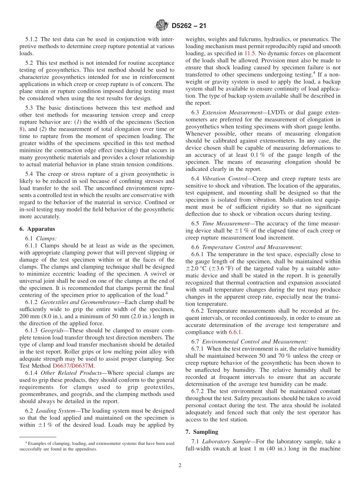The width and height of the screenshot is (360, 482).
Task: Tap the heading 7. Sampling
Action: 202,432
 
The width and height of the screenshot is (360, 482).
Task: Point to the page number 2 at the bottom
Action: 180,465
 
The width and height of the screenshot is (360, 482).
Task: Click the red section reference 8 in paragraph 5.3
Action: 21,129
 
